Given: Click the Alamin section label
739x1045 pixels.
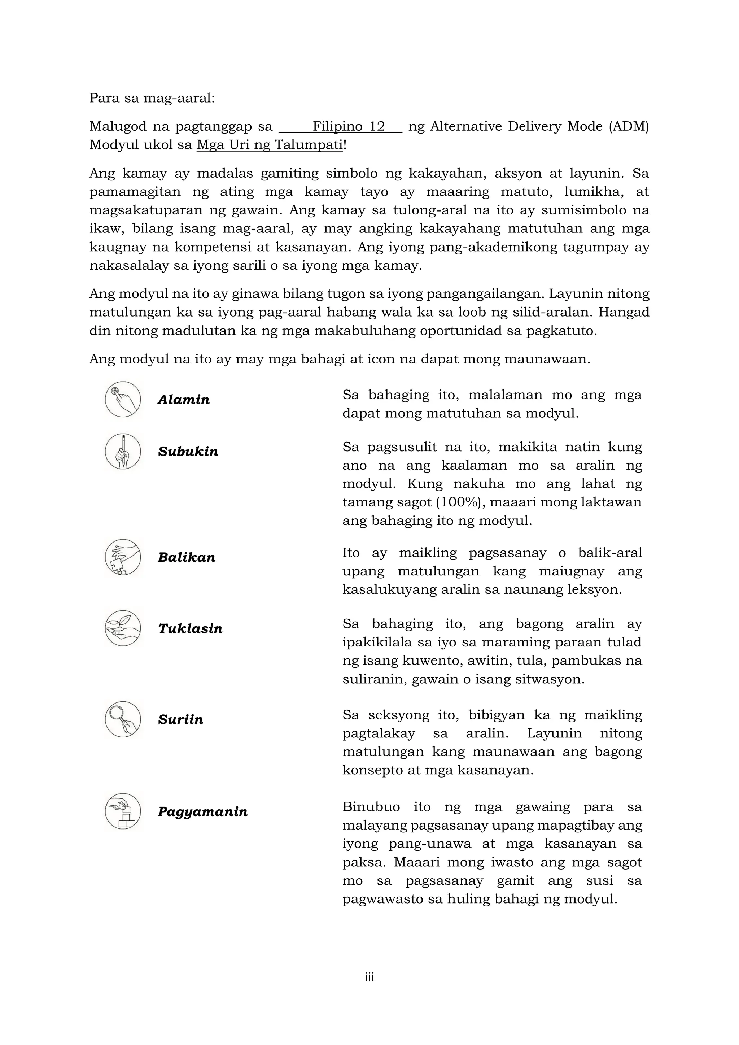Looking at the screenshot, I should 183,400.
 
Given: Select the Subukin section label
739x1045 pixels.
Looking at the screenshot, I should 188,452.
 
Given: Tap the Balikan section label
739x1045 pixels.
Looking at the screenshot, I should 187,558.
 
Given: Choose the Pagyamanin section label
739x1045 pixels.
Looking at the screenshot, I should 202,812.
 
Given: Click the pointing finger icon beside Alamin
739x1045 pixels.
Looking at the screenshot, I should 123,399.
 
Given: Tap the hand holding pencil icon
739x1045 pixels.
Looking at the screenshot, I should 123,451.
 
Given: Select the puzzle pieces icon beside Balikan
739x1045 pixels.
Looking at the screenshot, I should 123,557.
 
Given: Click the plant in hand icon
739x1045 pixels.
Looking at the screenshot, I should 123,628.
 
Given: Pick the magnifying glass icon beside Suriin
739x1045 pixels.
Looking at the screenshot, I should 123,719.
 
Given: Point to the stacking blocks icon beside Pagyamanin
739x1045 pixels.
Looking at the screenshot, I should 123,811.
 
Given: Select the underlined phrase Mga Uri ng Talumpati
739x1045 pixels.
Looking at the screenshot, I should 270,145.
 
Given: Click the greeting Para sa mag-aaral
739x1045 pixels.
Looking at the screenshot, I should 152,98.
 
